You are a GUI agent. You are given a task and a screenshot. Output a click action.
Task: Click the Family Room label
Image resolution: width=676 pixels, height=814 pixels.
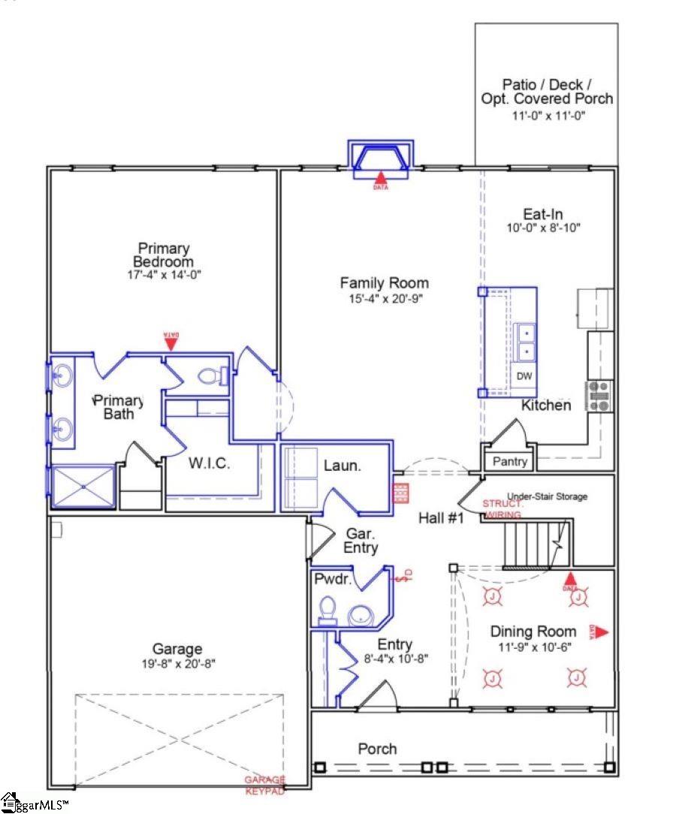(x=384, y=283)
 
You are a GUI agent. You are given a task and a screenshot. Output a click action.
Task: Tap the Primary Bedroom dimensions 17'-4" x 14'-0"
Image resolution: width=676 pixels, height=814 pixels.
(x=163, y=276)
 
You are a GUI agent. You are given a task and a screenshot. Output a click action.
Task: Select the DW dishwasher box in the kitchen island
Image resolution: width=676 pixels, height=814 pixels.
(x=523, y=375)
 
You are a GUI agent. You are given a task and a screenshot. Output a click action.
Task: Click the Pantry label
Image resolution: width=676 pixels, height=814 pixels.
(x=509, y=461)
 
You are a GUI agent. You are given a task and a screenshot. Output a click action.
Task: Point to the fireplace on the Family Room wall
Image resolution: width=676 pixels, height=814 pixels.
(x=382, y=159)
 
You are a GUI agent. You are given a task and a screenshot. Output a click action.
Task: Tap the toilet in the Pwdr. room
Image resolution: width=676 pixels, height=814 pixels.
(x=327, y=610)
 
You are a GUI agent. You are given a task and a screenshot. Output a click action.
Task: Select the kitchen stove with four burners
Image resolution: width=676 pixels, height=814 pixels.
(x=599, y=396)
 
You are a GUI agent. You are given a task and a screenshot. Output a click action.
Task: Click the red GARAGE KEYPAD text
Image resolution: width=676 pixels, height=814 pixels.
(x=264, y=785)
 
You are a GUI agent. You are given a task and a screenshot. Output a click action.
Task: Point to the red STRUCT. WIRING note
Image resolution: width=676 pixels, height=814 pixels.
(x=502, y=509)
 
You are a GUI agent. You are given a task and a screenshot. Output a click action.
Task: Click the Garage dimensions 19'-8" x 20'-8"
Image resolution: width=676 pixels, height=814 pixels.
(x=177, y=664)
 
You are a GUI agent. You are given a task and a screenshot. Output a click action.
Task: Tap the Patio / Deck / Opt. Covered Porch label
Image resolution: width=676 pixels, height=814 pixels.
(x=546, y=92)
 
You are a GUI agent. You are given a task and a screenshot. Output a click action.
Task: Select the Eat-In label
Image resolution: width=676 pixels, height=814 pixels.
(x=543, y=214)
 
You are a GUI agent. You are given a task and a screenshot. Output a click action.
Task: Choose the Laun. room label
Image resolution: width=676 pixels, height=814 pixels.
(x=343, y=466)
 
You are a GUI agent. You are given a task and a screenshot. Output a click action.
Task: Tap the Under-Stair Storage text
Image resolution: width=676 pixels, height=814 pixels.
(x=547, y=496)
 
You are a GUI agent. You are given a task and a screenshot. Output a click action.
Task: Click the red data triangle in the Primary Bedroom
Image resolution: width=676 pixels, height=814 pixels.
(x=171, y=342)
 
